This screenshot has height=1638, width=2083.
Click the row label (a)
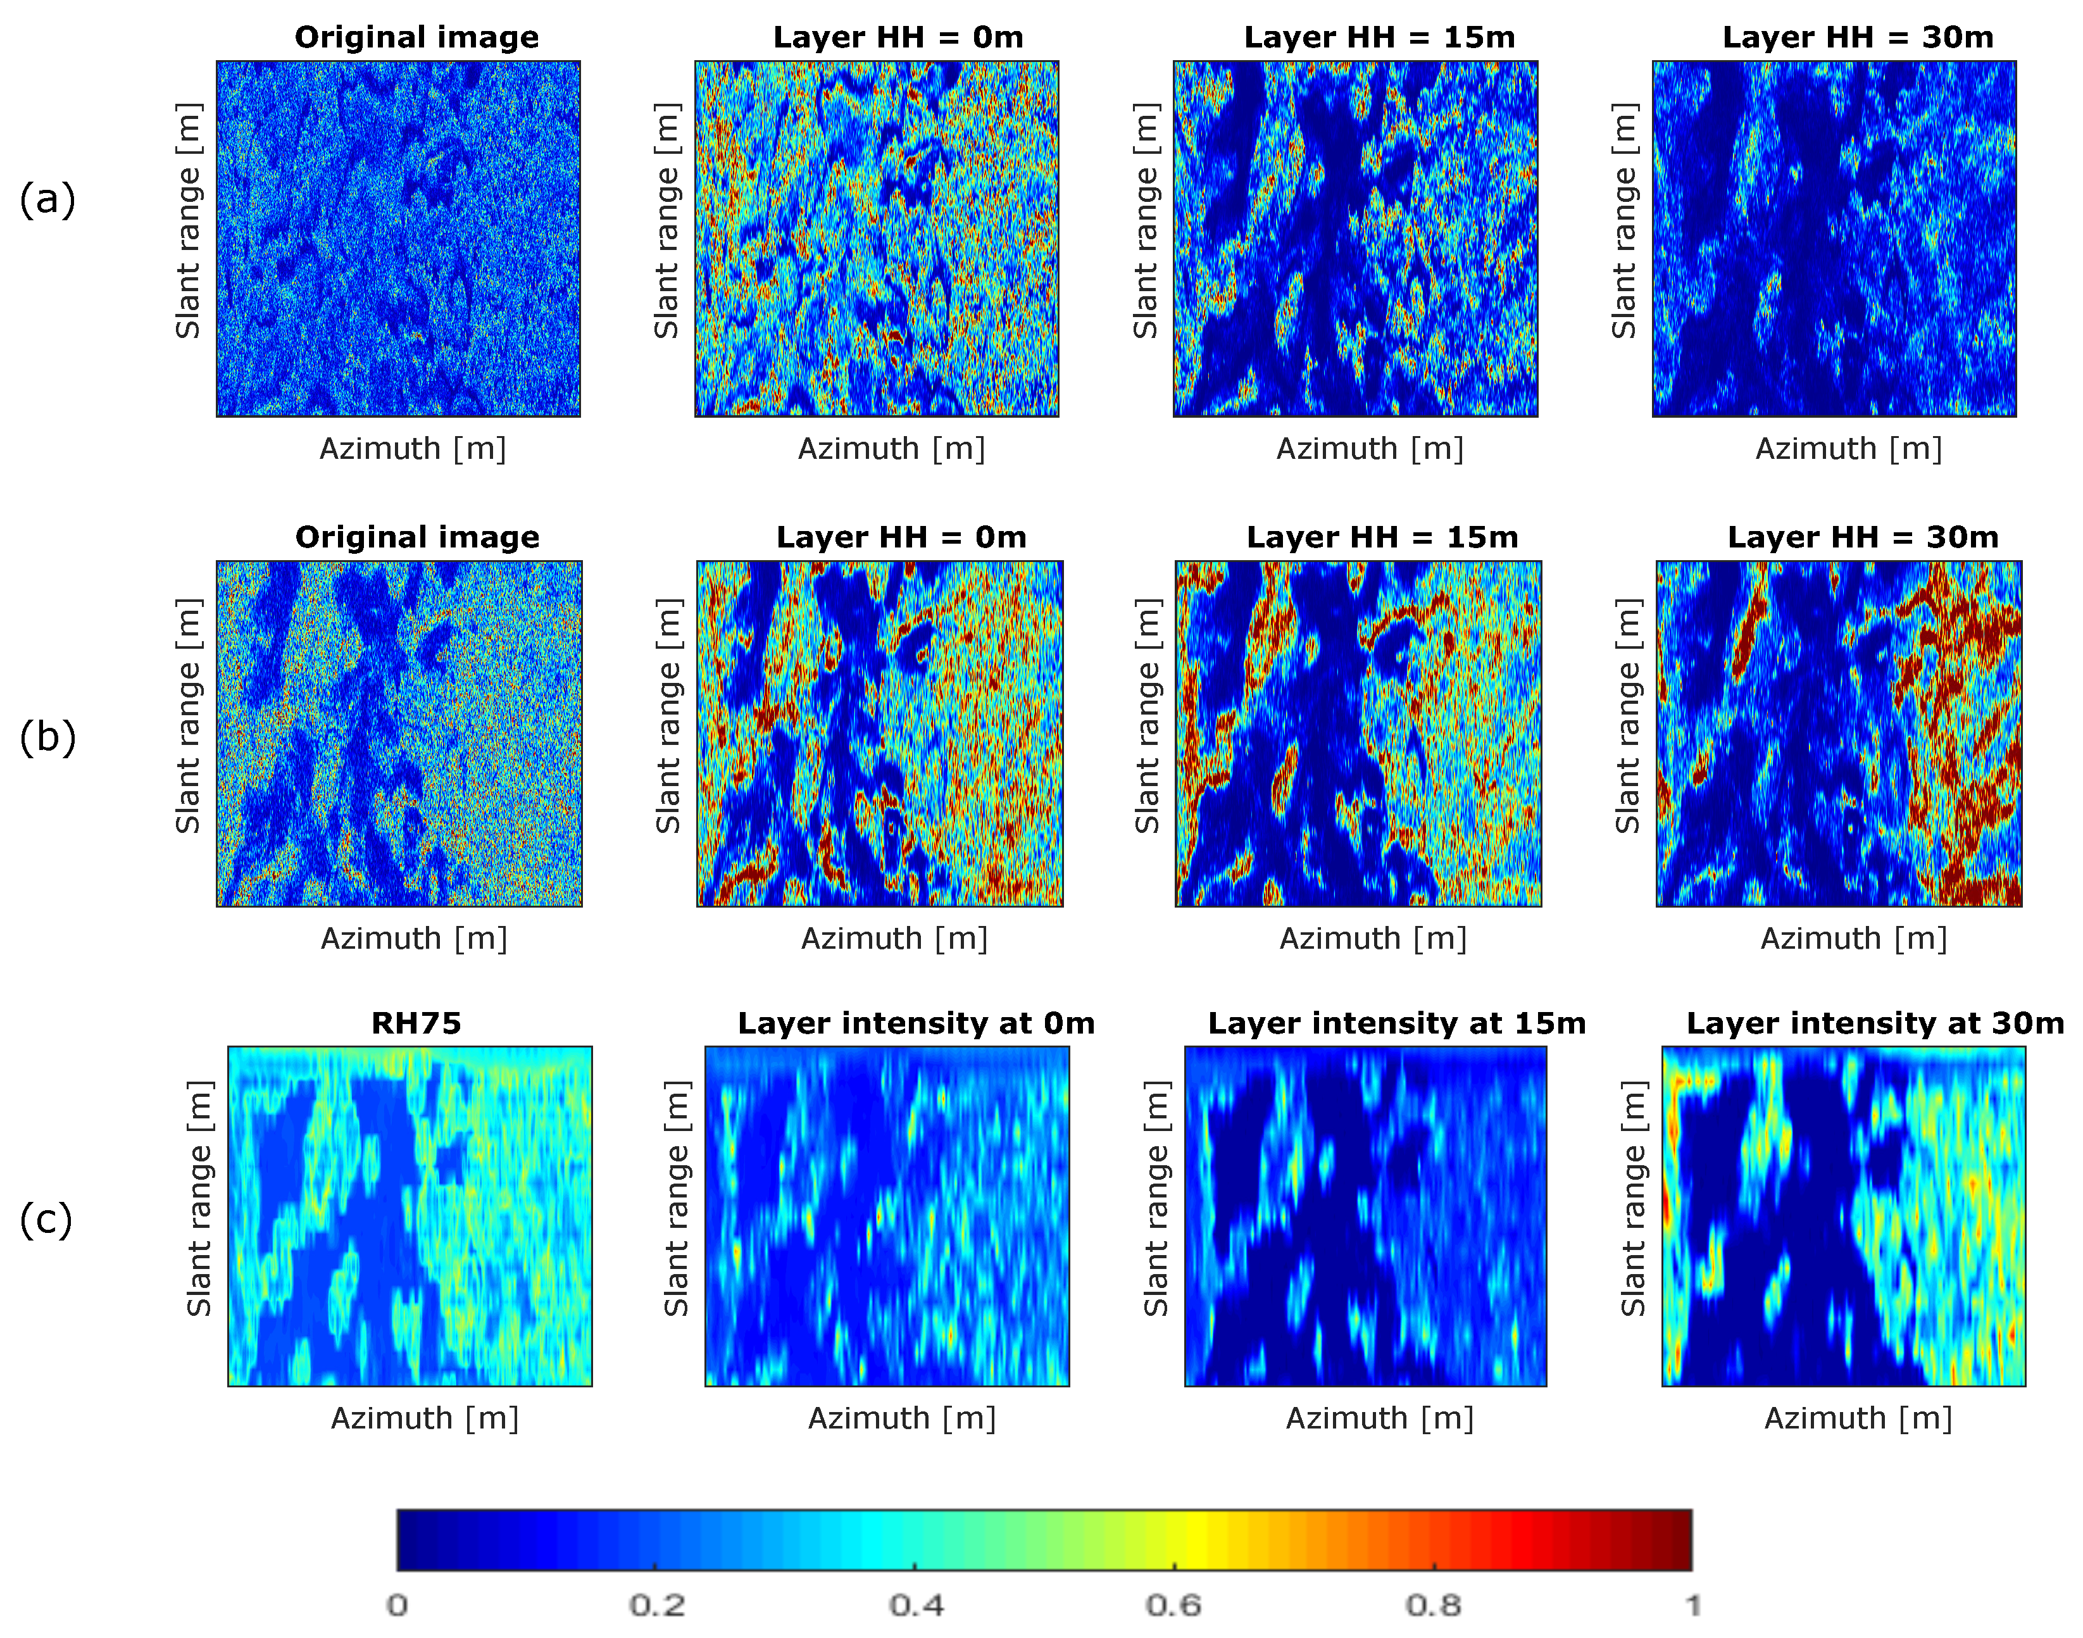point(46,199)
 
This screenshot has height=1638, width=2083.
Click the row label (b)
point(47,737)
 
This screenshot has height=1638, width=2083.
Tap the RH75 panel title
point(416,1023)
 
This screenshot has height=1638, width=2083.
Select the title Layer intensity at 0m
point(916,1023)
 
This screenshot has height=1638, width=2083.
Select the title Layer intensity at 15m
point(1396,1023)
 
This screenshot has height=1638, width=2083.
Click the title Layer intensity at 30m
point(1875,1023)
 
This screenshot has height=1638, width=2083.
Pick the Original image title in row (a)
point(416,37)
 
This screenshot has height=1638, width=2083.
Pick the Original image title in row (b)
point(417,537)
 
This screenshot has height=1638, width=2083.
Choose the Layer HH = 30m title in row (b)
point(1863,537)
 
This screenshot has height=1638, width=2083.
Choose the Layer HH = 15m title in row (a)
point(1379,37)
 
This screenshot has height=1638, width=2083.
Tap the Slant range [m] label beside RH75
point(199,1199)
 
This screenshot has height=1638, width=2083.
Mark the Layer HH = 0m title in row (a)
point(898,37)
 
